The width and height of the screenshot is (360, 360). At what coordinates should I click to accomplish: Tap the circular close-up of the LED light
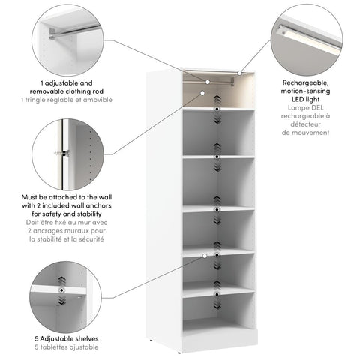click(x=307, y=37)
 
